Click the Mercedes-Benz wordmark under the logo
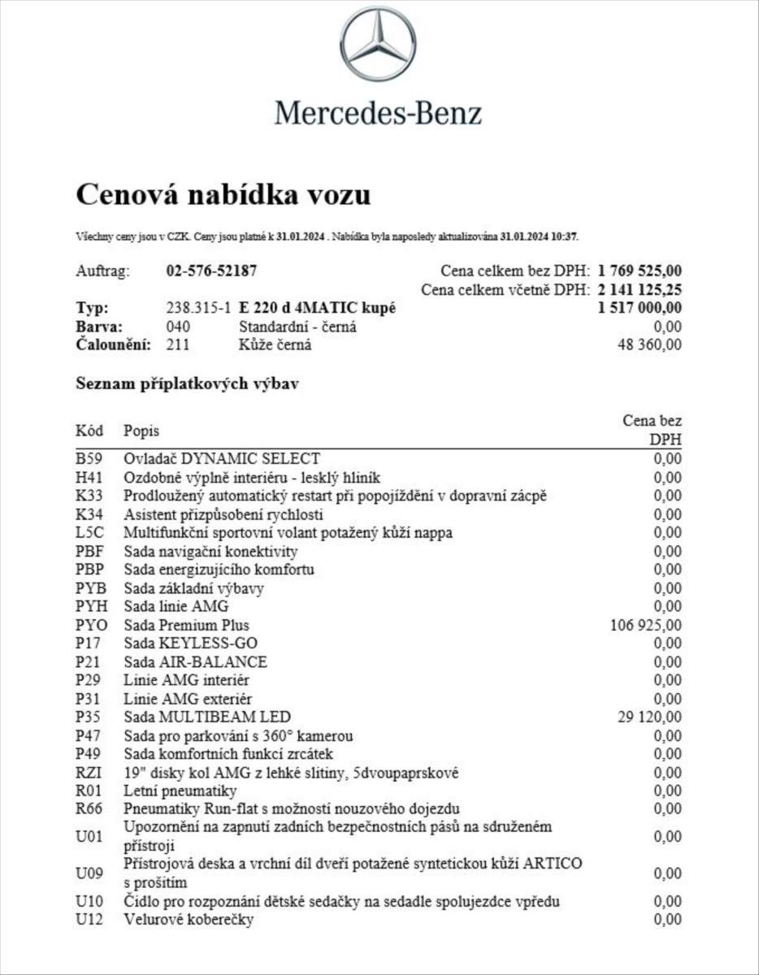(x=378, y=112)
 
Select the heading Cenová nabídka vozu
(x=223, y=195)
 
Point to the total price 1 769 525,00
(x=640, y=271)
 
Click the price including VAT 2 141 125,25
(x=640, y=290)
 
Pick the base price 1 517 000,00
(x=640, y=309)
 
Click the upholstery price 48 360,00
(x=650, y=344)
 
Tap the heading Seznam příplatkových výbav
(x=187, y=383)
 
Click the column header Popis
(x=141, y=431)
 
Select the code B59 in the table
(x=89, y=459)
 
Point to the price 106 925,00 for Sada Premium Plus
(x=645, y=625)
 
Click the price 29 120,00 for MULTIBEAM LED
(x=650, y=717)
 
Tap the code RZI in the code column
(x=89, y=773)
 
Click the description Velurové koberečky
(x=189, y=920)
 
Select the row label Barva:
(x=99, y=327)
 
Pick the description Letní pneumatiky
(x=180, y=791)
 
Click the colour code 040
(x=178, y=327)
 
